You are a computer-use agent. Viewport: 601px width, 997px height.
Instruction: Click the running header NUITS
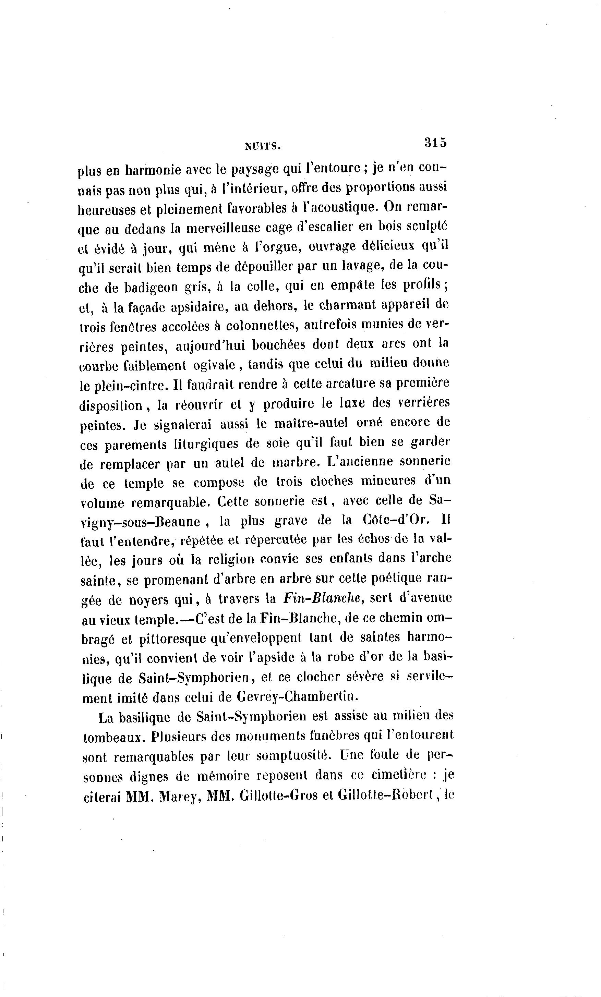(263, 146)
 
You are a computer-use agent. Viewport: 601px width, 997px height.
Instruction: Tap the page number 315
(435, 143)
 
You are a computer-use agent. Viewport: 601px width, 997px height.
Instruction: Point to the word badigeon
(151, 288)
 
